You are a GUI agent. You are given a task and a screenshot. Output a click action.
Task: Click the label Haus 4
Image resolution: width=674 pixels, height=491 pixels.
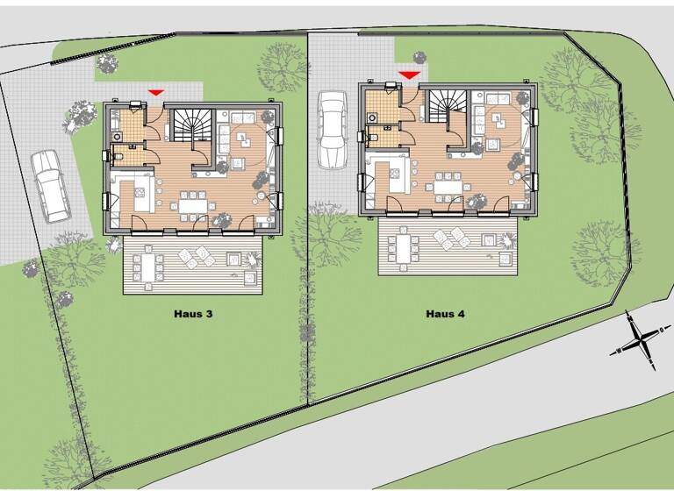[446, 313]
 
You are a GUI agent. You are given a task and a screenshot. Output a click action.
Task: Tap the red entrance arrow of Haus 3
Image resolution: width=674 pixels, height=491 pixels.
[155, 92]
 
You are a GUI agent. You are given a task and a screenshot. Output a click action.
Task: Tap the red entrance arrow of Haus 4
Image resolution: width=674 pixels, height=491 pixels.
[409, 75]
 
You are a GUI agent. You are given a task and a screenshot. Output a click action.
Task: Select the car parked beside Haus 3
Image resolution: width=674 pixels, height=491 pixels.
[49, 185]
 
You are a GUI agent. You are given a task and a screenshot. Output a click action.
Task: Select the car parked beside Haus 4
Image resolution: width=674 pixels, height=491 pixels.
[332, 129]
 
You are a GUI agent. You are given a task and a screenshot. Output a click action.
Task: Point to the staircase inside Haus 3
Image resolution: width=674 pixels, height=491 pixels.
[192, 128]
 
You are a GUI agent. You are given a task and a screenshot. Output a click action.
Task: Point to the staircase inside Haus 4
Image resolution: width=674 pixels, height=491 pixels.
[447, 110]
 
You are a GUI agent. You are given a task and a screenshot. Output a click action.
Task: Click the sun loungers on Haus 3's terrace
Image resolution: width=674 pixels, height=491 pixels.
[194, 255]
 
